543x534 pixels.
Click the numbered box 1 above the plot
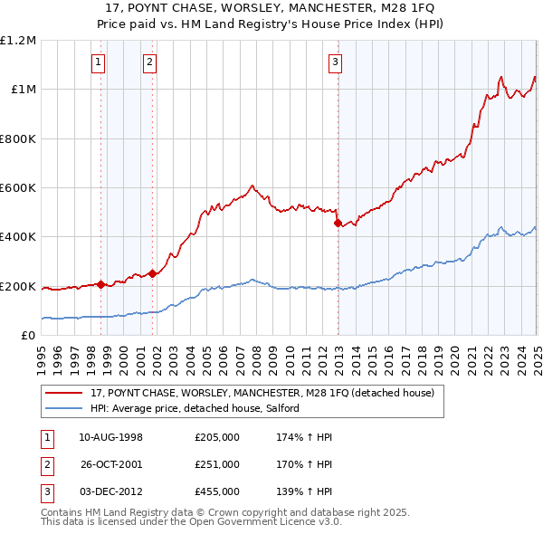tap(98, 62)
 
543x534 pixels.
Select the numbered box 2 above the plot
tap(149, 62)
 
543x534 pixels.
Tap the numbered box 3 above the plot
tap(335, 62)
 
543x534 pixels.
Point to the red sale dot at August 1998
tap(101, 284)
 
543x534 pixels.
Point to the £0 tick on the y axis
tap(28, 335)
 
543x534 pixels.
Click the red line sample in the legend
tap(65, 393)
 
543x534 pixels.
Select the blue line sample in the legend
tap(65, 408)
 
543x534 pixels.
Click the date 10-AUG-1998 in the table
tap(110, 437)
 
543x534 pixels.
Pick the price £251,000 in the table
tap(217, 464)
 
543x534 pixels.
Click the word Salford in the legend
tap(295, 408)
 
